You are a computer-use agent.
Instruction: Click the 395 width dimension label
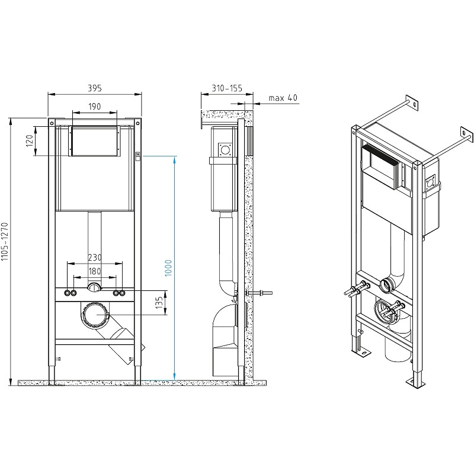point(95,88)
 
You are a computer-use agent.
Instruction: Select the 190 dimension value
point(95,107)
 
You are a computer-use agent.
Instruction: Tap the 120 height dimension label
point(29,141)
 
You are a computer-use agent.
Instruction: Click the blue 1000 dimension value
point(168,268)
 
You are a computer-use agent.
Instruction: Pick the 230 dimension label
point(95,257)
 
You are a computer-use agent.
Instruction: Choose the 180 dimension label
point(95,271)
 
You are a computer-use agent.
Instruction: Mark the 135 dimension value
point(159,303)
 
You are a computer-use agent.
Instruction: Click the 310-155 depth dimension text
point(227,88)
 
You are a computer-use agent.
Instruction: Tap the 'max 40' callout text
point(283,98)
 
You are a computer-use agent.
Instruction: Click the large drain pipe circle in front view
point(95,315)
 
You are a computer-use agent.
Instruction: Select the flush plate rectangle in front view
point(94,141)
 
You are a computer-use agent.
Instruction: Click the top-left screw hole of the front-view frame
point(52,123)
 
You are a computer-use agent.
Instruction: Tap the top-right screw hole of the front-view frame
point(138,123)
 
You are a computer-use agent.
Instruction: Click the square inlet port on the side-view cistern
point(225,149)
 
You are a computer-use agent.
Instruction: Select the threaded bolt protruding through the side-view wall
point(259,293)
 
